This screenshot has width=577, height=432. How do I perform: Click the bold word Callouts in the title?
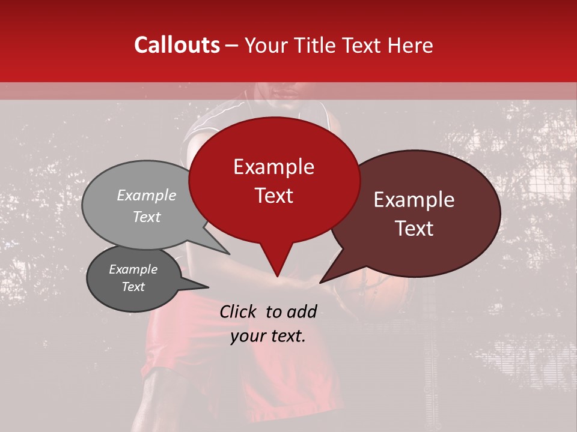[x=177, y=45]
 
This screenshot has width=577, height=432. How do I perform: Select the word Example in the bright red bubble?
[x=273, y=167]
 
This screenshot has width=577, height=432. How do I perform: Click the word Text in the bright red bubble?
[x=273, y=196]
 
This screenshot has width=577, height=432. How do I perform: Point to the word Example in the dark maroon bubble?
[x=414, y=200]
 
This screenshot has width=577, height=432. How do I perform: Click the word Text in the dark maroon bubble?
[x=414, y=229]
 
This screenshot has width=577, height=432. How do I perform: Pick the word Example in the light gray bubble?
[x=146, y=196]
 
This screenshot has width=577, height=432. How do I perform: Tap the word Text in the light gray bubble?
[x=146, y=217]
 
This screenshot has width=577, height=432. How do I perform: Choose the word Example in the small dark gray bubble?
[x=133, y=269]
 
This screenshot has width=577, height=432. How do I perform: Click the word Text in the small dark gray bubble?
[x=133, y=287]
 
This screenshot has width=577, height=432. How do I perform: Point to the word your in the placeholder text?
[x=248, y=336]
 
